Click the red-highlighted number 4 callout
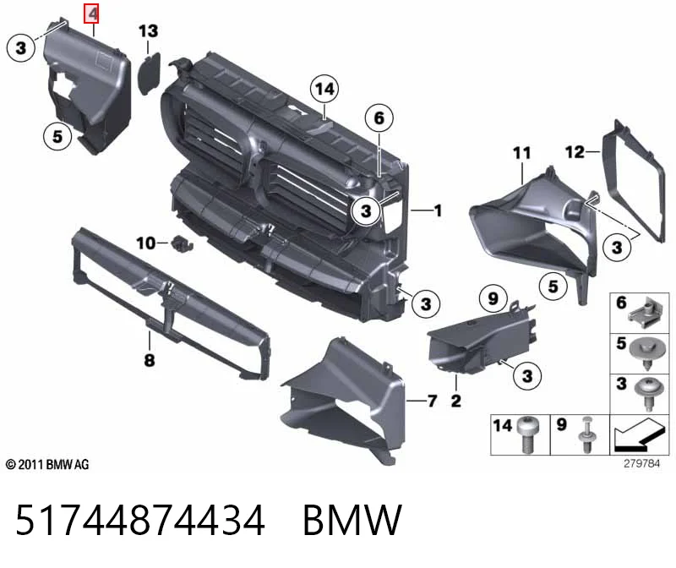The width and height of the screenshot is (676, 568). [92, 14]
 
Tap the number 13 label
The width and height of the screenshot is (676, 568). [149, 31]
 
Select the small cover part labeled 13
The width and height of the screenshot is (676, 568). [150, 74]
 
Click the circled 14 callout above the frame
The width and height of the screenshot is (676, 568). [324, 89]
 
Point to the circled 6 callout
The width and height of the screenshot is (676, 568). [379, 117]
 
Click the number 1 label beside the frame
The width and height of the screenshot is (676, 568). [438, 210]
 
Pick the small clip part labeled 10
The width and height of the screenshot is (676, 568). [183, 243]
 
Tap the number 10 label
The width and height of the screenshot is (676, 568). [146, 243]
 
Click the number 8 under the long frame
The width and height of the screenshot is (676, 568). [150, 360]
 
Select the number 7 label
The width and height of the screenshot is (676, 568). [433, 401]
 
